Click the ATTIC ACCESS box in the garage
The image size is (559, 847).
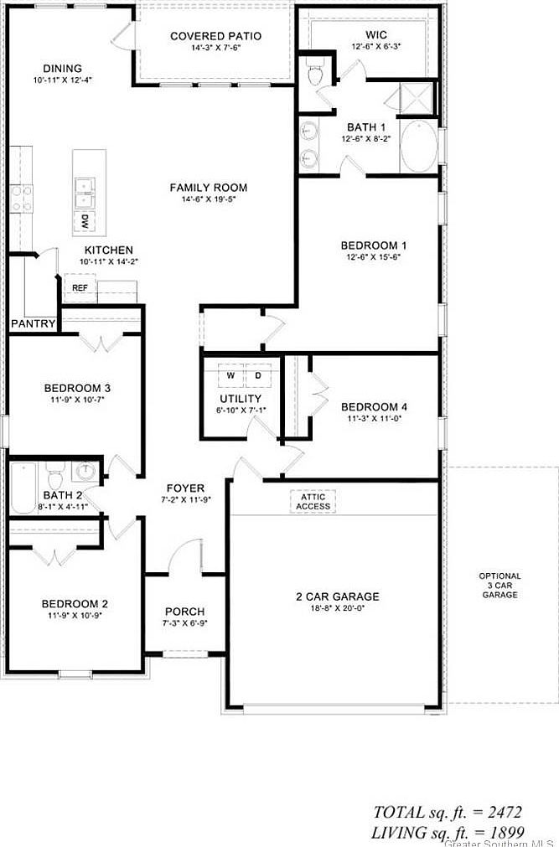pos(313,501)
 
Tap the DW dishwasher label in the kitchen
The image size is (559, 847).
pos(84,221)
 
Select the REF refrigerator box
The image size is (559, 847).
pos(80,287)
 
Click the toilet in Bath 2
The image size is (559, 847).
pos(55,477)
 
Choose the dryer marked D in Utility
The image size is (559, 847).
pos(258,376)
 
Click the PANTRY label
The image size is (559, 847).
pos(33,323)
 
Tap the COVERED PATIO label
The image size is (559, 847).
pos(215,36)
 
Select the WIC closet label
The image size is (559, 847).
pos(375,34)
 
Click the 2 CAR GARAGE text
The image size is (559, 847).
pos(337,597)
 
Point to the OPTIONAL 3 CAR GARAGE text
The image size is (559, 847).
pos(499,585)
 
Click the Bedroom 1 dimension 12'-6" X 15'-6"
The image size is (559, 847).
pos(373,259)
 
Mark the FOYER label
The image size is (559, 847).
pos(185,488)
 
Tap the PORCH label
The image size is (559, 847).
pos(184,612)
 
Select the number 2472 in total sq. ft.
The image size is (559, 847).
pos(506,812)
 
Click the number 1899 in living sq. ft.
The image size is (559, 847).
pos(506,832)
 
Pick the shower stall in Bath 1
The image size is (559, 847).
pos(417,97)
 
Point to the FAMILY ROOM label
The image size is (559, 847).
pos(209,188)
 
